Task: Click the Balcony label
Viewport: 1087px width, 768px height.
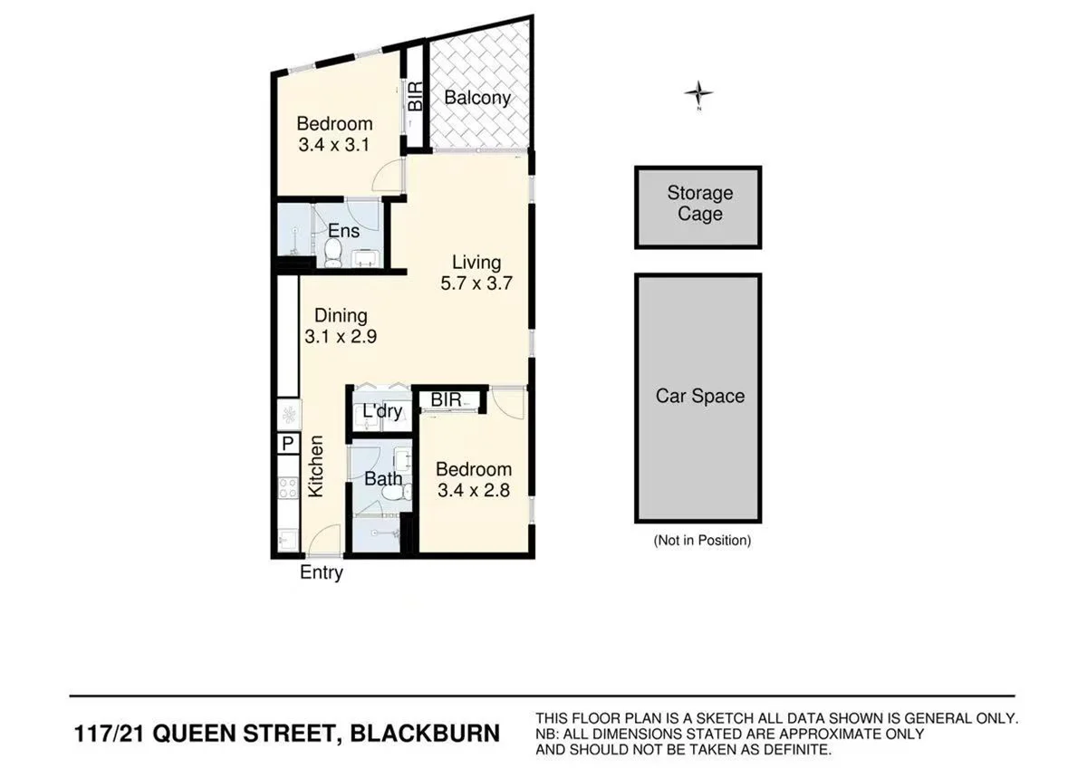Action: [477, 98]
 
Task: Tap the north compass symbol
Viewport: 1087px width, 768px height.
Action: [698, 93]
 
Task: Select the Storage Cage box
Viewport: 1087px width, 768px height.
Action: [698, 206]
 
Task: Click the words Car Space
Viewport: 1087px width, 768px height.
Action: [699, 397]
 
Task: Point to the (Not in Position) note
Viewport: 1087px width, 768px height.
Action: [702, 541]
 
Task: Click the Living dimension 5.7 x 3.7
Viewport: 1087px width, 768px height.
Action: [476, 283]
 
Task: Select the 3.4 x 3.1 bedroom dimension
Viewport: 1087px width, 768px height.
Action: [334, 144]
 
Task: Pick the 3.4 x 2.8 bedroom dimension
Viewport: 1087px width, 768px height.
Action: [473, 491]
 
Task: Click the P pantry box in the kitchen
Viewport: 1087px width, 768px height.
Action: [287, 444]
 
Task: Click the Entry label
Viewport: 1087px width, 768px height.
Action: [322, 572]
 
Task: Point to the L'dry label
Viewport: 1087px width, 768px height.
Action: [381, 412]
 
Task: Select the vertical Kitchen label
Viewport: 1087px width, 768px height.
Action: [316, 467]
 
